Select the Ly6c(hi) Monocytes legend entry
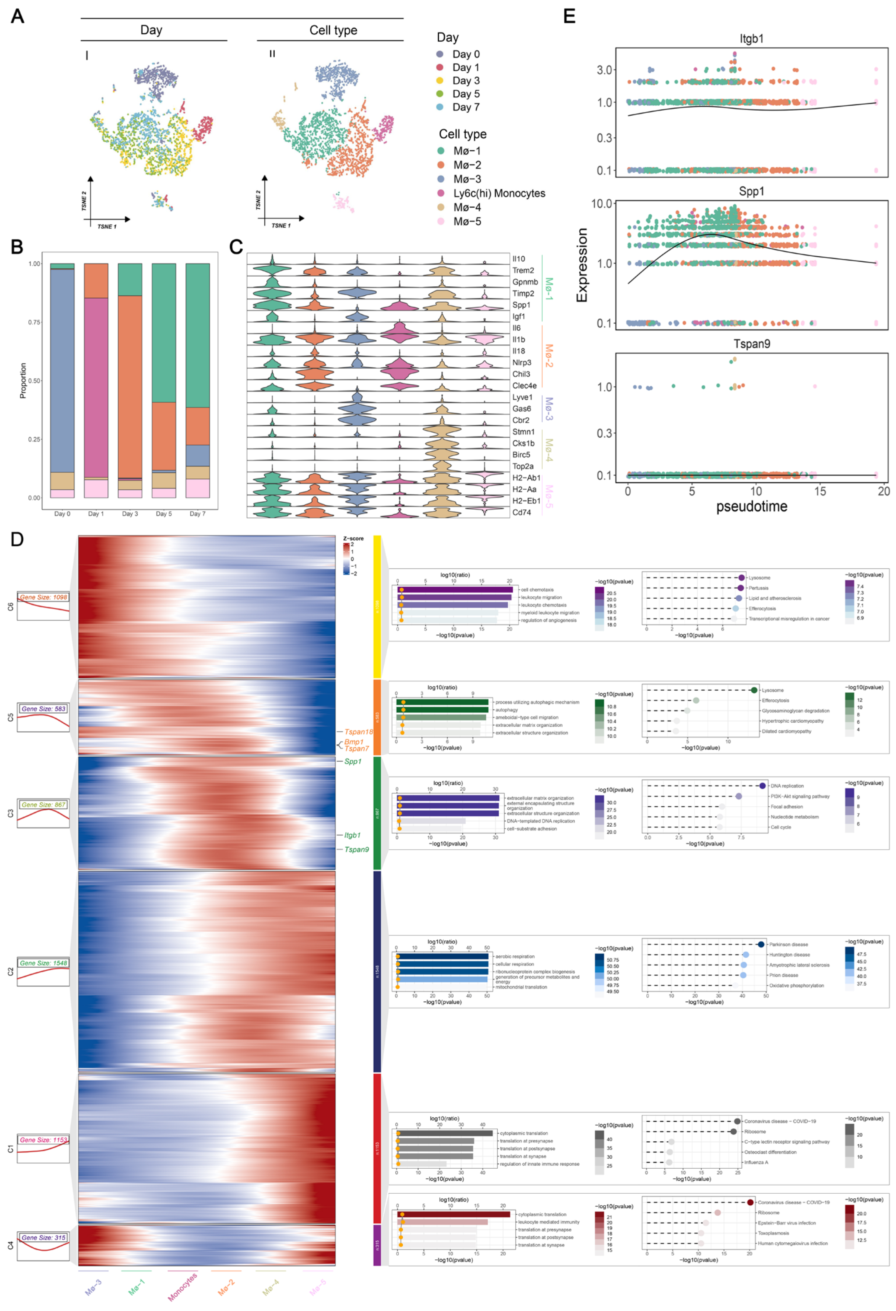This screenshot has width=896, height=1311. pyautogui.click(x=499, y=193)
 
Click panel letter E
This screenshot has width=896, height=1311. pyautogui.click(x=569, y=16)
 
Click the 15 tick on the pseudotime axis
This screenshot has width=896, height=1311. pyautogui.click(x=819, y=491)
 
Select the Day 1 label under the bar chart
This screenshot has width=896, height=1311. pyautogui.click(x=96, y=513)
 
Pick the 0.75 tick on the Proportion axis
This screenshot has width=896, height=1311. pyautogui.click(x=35, y=322)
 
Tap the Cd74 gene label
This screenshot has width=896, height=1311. pyautogui.click(x=521, y=512)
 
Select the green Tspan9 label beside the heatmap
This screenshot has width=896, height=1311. pyautogui.click(x=357, y=850)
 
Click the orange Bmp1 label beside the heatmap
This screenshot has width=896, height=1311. pyautogui.click(x=354, y=742)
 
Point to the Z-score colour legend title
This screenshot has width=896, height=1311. pyautogui.click(x=353, y=539)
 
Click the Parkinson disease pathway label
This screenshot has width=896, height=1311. pyautogui.click(x=788, y=944)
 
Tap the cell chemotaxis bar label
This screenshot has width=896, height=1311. pyautogui.click(x=537, y=590)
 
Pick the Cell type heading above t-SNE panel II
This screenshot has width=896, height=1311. pyautogui.click(x=333, y=30)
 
